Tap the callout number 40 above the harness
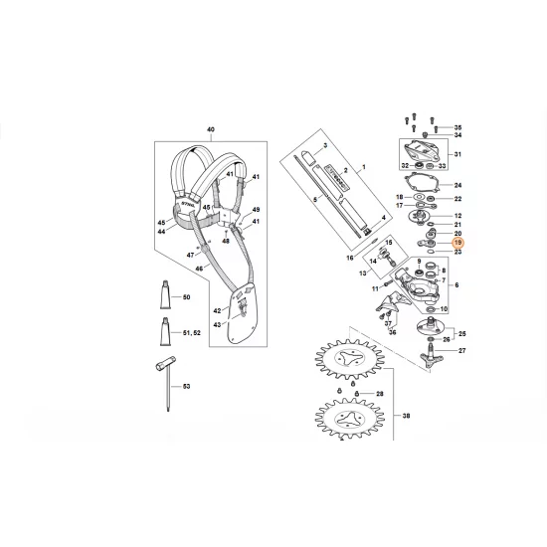(x=210, y=130)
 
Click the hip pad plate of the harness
(x=240, y=317)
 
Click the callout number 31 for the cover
(x=457, y=154)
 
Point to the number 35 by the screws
(x=457, y=128)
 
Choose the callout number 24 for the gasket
(x=457, y=186)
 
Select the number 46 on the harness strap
(x=200, y=268)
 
